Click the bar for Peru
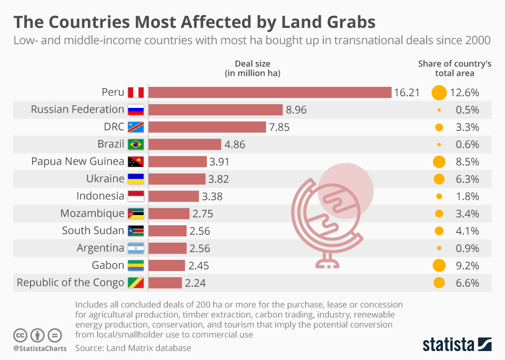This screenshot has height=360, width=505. pos(270,93)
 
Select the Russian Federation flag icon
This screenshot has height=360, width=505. pos(136,109)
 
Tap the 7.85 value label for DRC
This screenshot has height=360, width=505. pos(279,127)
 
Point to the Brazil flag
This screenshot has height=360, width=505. pos(136,144)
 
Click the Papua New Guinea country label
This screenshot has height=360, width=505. pos(77,161)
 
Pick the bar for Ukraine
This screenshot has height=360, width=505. pos(177,179)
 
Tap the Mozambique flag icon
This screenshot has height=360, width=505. pos(136,214)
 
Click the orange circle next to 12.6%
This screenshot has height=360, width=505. pos(439,93)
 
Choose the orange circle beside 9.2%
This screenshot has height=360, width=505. pos(439,265)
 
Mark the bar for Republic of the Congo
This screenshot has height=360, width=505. pos(165,283)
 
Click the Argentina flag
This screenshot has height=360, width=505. pos(136,248)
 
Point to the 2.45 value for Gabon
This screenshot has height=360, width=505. pos(198,265)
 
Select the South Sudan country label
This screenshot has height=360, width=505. pos(93,231)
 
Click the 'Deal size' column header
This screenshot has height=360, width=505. pos(252,68)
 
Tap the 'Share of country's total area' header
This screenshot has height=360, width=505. pos(454,68)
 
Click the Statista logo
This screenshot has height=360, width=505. pos(457,345)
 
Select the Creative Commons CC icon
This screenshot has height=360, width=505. pos(20,335)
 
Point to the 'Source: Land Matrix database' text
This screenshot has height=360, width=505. pos(133,348)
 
